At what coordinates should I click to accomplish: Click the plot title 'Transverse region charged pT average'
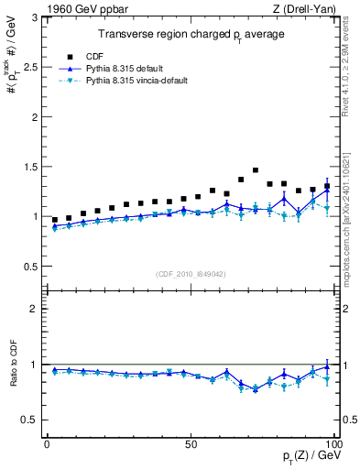[x=191, y=34]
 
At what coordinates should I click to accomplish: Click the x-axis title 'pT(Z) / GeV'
[x=311, y=457]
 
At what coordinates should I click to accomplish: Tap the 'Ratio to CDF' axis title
[x=13, y=377]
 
